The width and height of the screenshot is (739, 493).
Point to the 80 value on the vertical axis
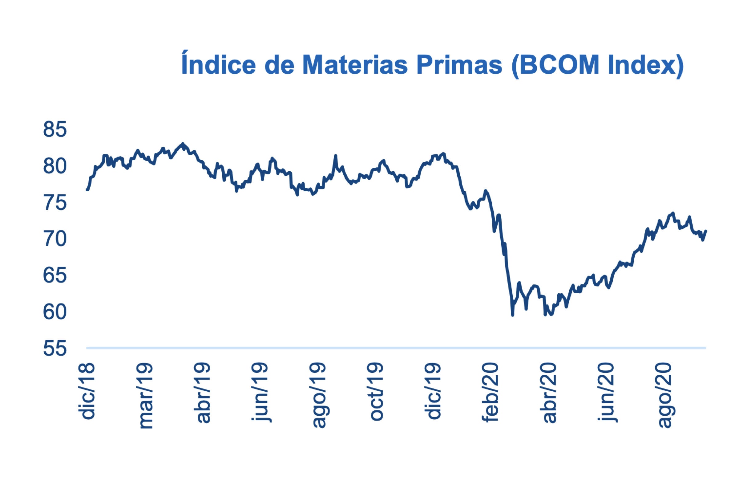pyautogui.click(x=55, y=166)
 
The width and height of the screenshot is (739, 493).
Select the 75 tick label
pyautogui.click(x=55, y=203)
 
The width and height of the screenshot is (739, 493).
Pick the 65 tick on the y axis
pyautogui.click(x=55, y=276)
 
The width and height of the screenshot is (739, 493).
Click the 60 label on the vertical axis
pyautogui.click(x=55, y=312)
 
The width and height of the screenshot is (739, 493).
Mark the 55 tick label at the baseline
pyautogui.click(x=55, y=349)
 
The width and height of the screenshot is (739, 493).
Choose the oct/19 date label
pyautogui.click(x=376, y=392)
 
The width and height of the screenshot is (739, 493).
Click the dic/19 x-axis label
pyautogui.click(x=434, y=391)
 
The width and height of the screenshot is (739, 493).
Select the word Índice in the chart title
pyautogui.click(x=218, y=64)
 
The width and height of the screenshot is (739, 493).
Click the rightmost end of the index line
pyautogui.click(x=706, y=231)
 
